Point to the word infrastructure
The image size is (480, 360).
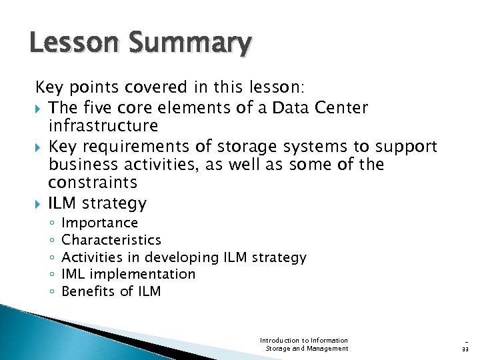pyautogui.click(x=103, y=126)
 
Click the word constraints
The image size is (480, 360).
pyautogui.click(x=93, y=183)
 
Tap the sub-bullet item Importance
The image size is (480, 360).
pyautogui.click(x=99, y=223)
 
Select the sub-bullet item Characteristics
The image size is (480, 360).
pyautogui.click(x=111, y=239)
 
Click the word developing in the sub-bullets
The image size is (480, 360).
pyautogui.click(x=181, y=257)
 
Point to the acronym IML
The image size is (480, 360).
pyautogui.click(x=73, y=274)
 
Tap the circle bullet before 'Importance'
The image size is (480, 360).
pyautogui.click(x=51, y=223)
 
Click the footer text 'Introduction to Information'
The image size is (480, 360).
pyautogui.click(x=304, y=340)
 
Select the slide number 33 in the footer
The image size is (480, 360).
pyautogui.click(x=465, y=348)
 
